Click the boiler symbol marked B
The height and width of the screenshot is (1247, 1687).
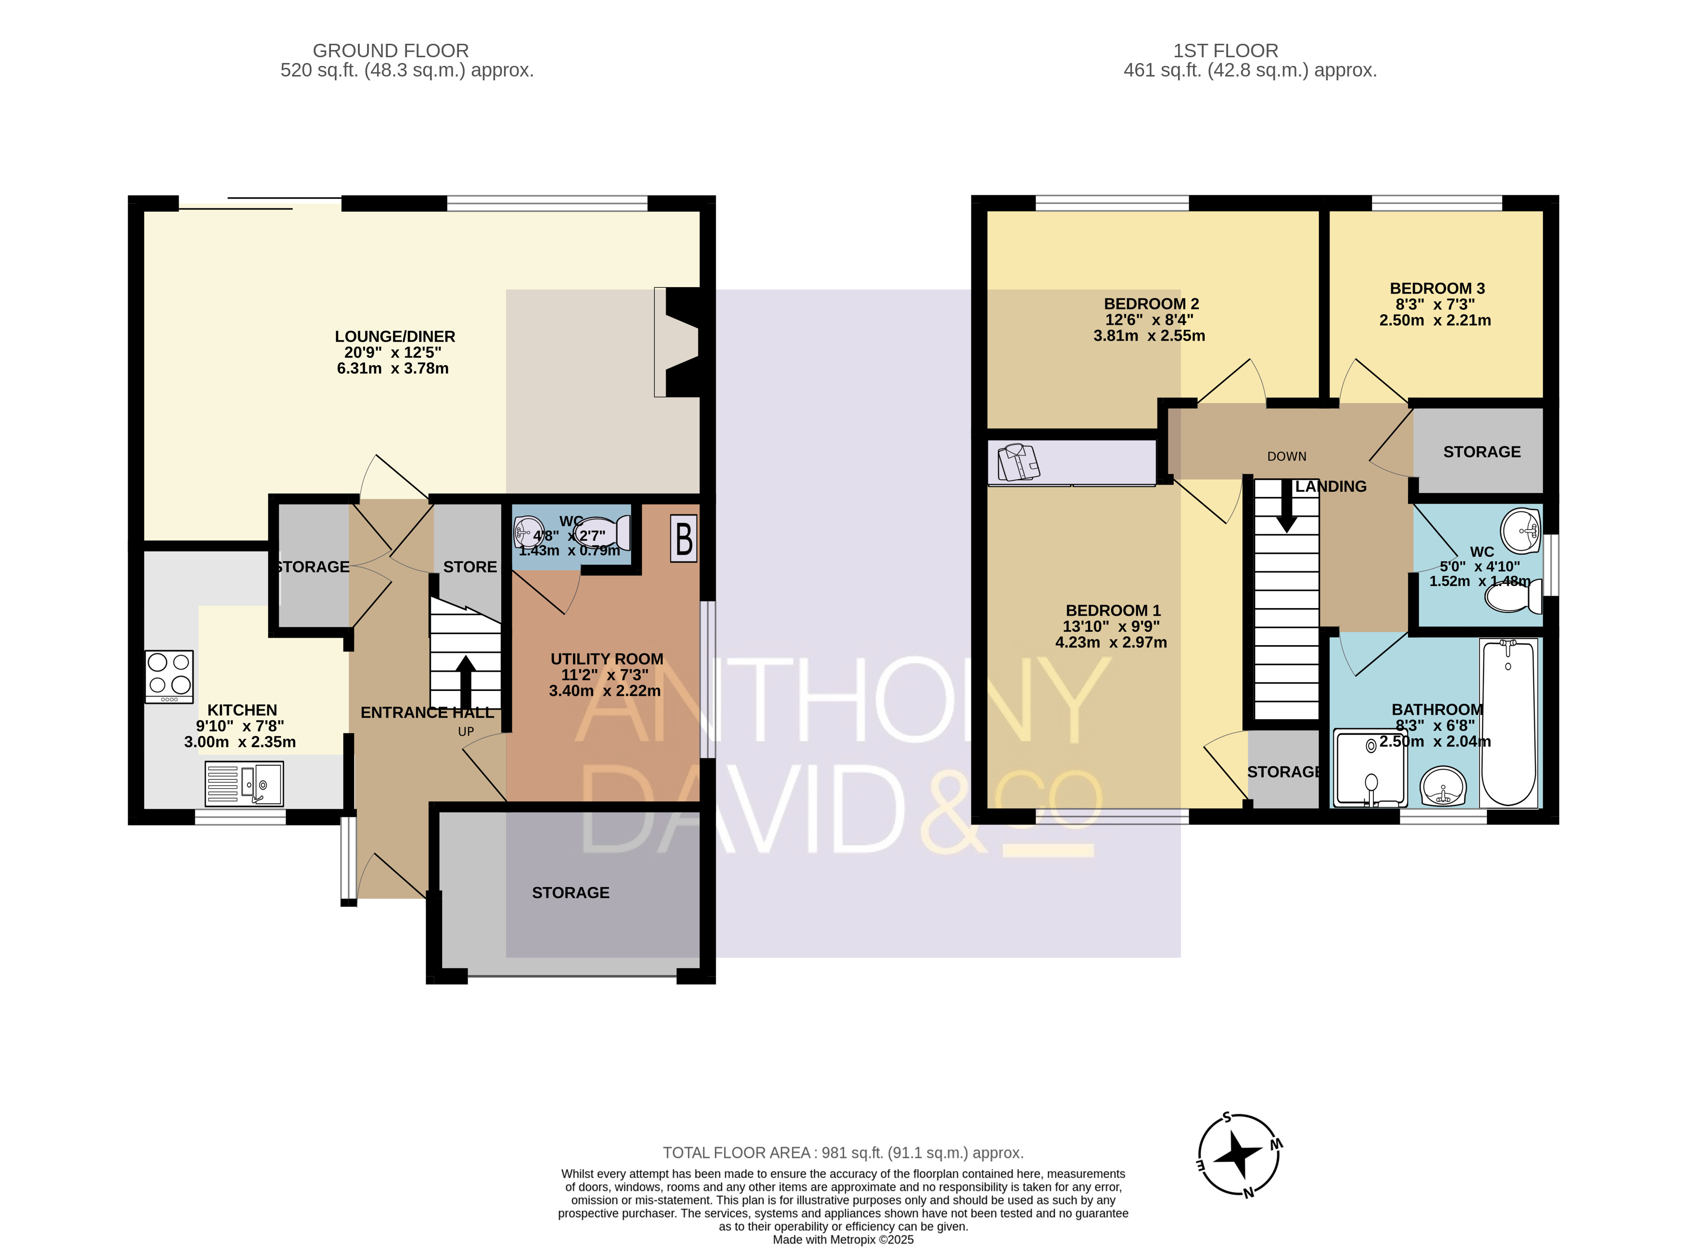point(684,538)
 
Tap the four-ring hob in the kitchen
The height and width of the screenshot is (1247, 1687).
point(169,676)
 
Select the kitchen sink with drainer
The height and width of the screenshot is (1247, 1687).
point(244,783)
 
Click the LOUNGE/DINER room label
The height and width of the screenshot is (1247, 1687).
point(395,337)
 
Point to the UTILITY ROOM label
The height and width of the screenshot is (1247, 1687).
point(607,659)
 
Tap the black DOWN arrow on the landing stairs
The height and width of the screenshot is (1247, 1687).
point(1286,505)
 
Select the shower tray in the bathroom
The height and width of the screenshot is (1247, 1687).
point(1370,767)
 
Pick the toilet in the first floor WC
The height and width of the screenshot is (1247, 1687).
point(1513,597)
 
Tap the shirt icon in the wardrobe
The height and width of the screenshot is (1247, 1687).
point(1019,462)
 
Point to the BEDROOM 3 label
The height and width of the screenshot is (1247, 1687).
point(1437,288)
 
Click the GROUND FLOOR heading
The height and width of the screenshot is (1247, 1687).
point(391,51)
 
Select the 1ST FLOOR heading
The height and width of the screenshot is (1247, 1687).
point(1226,51)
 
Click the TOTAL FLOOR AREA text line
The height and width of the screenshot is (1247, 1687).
point(843,1153)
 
